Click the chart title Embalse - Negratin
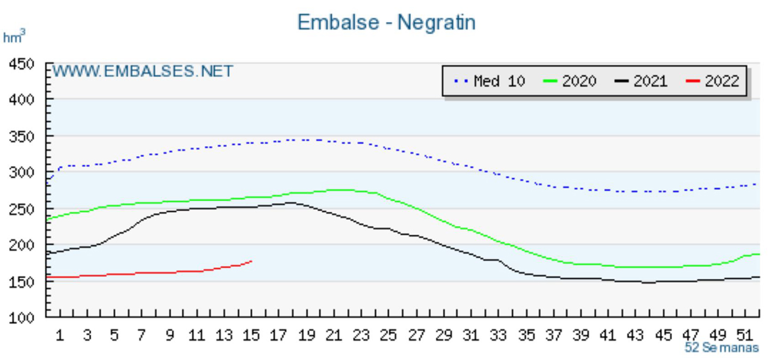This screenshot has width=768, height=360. point(386,22)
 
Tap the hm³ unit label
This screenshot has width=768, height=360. point(14,37)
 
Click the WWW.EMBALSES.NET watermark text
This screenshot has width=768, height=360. point(142,71)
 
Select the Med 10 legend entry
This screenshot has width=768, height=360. point(490,81)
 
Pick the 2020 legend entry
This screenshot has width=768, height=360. point(569,81)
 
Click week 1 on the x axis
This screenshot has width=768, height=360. point(60,335)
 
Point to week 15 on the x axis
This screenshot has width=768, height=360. point(251,335)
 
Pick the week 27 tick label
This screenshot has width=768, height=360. point(415,335)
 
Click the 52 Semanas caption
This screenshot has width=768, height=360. point(721,348)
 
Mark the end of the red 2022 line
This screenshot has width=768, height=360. point(251,261)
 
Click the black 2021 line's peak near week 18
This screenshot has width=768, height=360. point(291,202)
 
